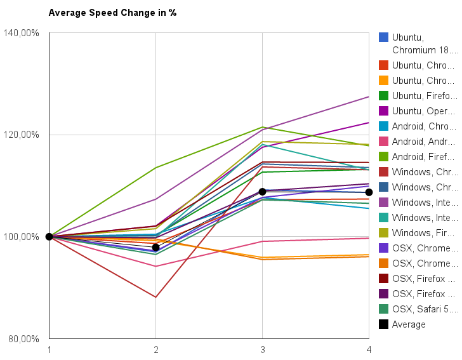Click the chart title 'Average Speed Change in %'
112,13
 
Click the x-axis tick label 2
155,349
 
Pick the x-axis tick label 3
262,349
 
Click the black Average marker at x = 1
49,237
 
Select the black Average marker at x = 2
155,247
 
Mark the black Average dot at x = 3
262,191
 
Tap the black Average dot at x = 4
369,192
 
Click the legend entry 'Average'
409,324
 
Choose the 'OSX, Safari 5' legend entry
424,309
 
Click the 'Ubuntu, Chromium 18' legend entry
424,43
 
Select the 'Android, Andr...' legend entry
424,142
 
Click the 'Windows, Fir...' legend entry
424,233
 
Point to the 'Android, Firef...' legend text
424,157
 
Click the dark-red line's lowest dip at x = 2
155,297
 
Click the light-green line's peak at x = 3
262,127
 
